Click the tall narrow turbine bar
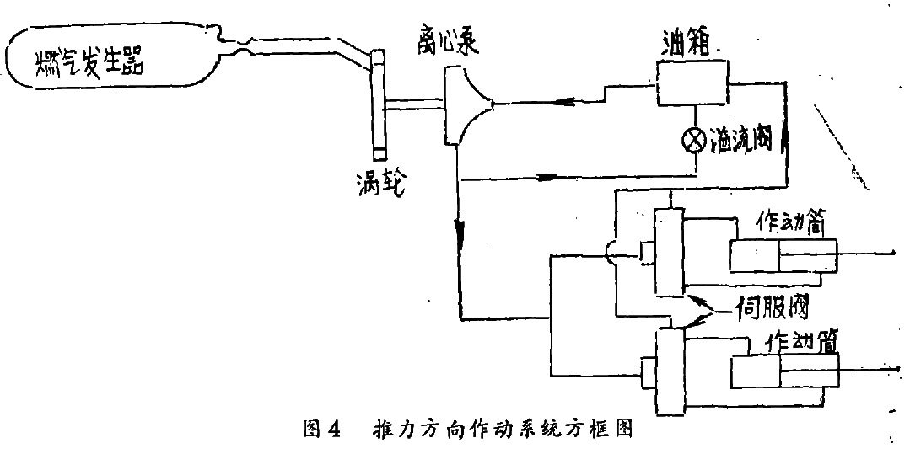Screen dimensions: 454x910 pyautogui.click(x=377, y=101)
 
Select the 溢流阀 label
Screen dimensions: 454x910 pyautogui.click(x=744, y=140)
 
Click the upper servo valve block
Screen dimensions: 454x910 pyautogui.click(x=668, y=252)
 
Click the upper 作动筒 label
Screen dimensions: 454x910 pyautogui.click(x=778, y=224)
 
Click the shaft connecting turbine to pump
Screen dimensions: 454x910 pyautogui.click(x=414, y=105)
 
